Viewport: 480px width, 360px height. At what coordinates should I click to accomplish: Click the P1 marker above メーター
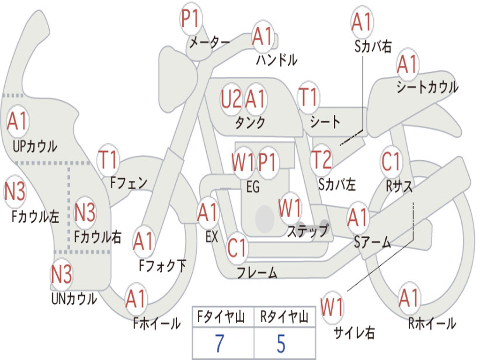(191, 19)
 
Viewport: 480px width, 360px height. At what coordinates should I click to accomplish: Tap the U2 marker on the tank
(231, 99)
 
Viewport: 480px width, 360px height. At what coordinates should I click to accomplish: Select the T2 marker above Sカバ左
(321, 160)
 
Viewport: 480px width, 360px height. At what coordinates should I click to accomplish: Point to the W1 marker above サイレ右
(331, 307)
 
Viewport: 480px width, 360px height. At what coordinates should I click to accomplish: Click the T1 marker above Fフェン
(108, 159)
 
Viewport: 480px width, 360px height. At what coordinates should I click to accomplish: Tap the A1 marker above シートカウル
(408, 64)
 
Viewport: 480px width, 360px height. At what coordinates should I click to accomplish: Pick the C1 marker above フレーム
(237, 247)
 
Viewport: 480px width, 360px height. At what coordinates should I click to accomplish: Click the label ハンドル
(277, 60)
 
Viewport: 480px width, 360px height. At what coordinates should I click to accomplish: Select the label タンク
(250, 123)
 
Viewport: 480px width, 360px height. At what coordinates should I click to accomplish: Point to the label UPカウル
(35, 146)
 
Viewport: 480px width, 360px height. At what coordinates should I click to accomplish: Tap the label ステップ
(307, 231)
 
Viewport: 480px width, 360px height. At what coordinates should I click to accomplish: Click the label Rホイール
(432, 323)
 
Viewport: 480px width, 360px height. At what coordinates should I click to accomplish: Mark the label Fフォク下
(162, 266)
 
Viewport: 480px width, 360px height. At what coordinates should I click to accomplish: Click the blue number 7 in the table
(219, 344)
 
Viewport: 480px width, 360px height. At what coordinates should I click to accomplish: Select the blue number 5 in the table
(281, 344)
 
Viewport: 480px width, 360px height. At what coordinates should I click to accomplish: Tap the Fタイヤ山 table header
(221, 317)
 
